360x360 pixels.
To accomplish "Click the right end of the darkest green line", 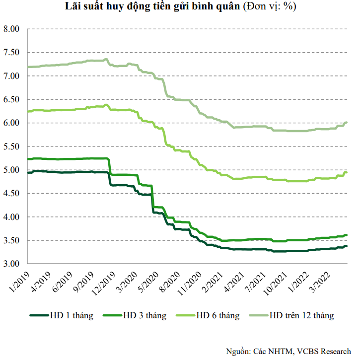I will pyautogui.click(x=346, y=246).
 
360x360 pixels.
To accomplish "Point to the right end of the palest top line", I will pyautogui.click(x=346, y=122).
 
